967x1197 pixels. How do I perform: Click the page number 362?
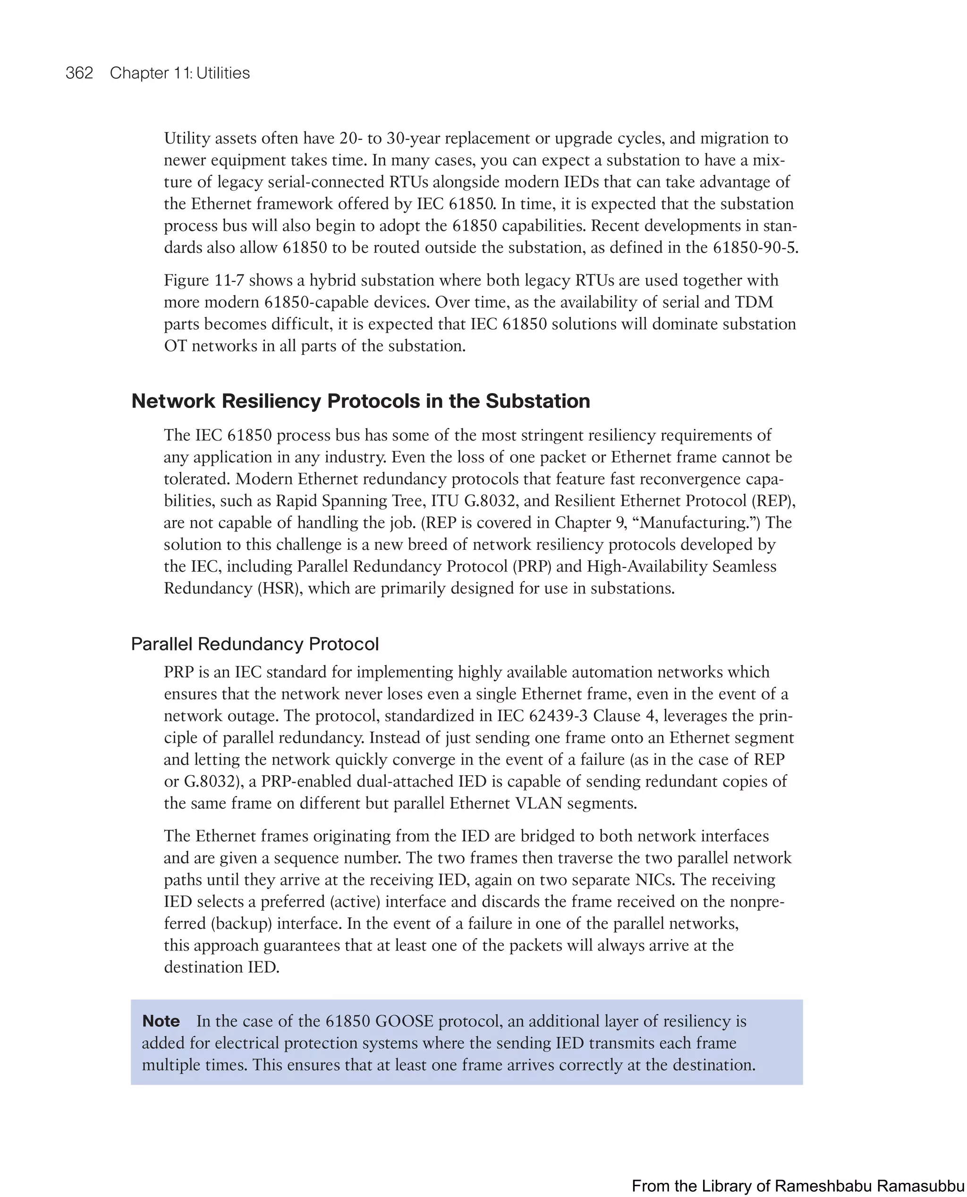(79, 73)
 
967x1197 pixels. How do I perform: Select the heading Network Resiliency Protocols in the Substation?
(360, 401)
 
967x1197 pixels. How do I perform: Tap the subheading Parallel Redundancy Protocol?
(254, 644)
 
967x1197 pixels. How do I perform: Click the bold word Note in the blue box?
(161, 1021)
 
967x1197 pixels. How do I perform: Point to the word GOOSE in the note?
(404, 1021)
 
